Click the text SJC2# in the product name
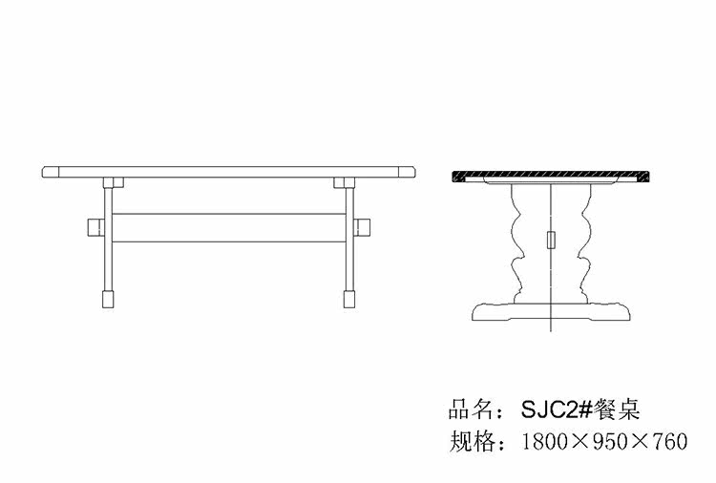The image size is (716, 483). click(557, 409)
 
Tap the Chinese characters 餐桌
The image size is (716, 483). click(617, 409)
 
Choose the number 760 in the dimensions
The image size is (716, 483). click(670, 441)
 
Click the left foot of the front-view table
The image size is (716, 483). click(108, 299)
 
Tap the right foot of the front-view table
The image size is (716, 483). click(349, 299)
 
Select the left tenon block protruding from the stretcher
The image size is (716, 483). click(95, 227)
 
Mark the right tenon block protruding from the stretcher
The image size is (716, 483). click(362, 227)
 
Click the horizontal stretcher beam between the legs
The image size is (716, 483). click(229, 227)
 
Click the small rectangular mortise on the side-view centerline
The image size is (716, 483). click(551, 240)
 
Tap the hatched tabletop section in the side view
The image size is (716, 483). click(551, 175)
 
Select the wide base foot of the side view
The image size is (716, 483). click(551, 311)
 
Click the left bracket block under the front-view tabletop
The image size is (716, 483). click(114, 182)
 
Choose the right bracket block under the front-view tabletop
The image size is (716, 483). click(345, 182)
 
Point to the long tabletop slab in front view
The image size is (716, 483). click(229, 172)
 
